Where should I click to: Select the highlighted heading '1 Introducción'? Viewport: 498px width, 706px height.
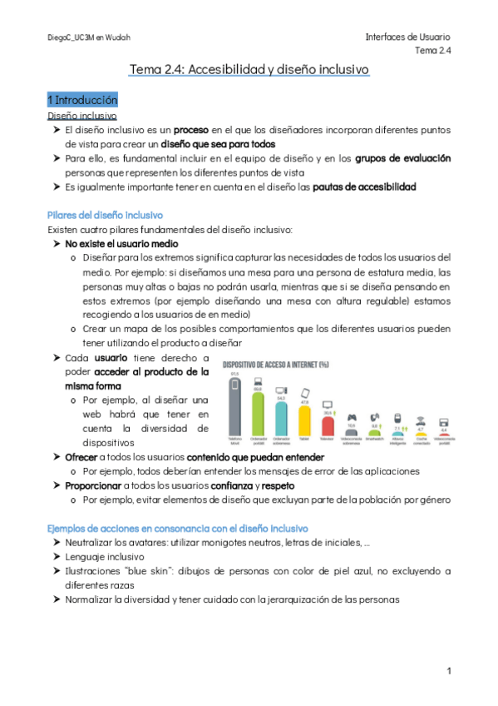[x=82, y=100]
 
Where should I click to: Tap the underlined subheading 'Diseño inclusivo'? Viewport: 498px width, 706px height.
[x=82, y=116]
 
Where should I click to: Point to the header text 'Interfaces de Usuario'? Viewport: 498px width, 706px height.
[x=407, y=37]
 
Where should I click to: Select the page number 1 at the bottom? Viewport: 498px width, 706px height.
[x=447, y=671]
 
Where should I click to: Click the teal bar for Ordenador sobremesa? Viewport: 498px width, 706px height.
[x=281, y=415]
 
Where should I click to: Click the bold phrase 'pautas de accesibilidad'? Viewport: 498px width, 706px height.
[x=364, y=186]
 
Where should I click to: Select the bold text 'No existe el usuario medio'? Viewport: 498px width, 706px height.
[x=121, y=244]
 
